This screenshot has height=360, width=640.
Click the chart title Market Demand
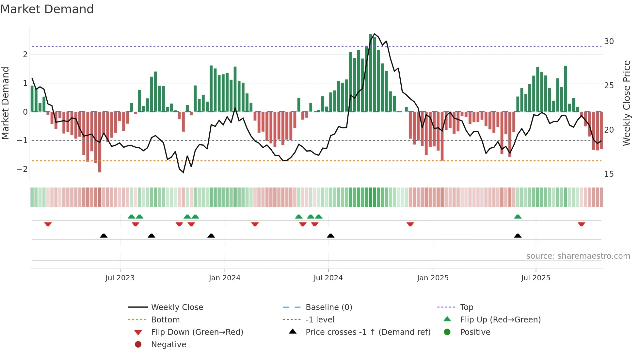(x=47, y=9)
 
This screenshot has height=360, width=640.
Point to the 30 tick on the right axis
(x=609, y=41)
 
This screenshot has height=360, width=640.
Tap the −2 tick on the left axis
(x=22, y=169)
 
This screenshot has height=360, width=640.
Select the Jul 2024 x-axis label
(x=328, y=278)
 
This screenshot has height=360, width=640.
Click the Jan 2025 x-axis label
(x=433, y=278)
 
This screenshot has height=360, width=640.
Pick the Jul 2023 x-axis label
(x=120, y=278)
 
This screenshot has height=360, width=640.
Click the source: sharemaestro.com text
(x=578, y=256)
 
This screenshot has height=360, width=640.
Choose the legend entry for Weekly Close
(x=177, y=307)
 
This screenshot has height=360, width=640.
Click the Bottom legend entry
(x=165, y=320)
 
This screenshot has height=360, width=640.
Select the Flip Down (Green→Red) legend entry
(x=197, y=332)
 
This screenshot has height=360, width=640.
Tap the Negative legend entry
(x=168, y=345)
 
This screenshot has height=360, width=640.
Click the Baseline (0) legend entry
(x=329, y=307)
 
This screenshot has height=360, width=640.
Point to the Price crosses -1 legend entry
(x=368, y=332)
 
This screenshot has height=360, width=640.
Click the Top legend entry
(x=467, y=307)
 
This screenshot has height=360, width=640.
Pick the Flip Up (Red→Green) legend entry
(x=500, y=320)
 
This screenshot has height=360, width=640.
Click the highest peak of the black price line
(x=374, y=34)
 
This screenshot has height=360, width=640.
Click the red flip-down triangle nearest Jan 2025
(x=410, y=224)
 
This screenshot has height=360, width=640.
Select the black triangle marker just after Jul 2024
(x=331, y=236)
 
